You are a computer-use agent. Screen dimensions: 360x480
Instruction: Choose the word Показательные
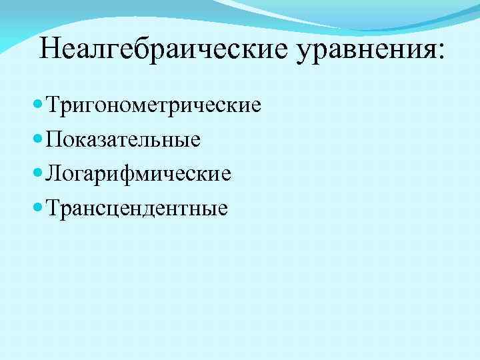123,140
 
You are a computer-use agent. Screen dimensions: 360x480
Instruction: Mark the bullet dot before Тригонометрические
37,105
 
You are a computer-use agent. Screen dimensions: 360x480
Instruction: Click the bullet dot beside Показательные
37,139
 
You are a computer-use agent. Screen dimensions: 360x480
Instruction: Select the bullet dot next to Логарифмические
37,174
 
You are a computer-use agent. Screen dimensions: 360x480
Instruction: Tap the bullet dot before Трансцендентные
37,208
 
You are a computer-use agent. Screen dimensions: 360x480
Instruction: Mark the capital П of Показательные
55,139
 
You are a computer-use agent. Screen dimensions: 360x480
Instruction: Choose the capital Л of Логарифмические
54,174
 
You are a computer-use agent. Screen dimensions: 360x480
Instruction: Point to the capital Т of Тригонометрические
53,105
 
